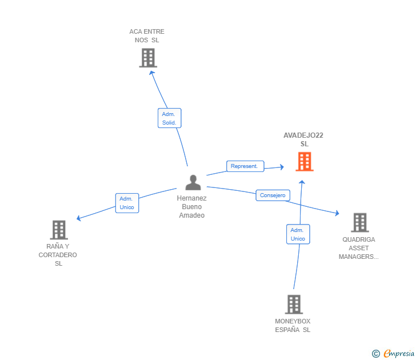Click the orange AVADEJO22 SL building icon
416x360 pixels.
[x=305, y=162]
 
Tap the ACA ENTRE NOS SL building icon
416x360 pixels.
[x=148, y=58]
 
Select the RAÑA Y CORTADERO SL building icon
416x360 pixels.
[x=59, y=230]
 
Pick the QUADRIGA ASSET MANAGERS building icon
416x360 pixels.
[x=359, y=222]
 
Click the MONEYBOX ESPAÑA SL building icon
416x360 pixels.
[x=294, y=304]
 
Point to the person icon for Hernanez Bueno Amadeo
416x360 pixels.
[x=193, y=182]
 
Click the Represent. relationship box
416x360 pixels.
[x=245, y=166]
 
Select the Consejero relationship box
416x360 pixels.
[x=273, y=195]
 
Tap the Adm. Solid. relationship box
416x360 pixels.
[x=170, y=118]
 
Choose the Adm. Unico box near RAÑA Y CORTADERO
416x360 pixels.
[x=127, y=203]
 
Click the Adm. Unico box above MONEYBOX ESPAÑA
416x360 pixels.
[x=298, y=234]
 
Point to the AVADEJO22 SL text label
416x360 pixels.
[x=304, y=139]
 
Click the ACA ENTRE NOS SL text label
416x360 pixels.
[x=147, y=36]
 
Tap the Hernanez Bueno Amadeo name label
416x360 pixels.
[x=192, y=207]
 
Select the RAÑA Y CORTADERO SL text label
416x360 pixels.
[x=58, y=255]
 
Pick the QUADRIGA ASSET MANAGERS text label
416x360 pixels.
[x=359, y=248]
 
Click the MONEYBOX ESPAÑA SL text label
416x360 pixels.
[x=293, y=325]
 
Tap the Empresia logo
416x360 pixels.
[x=399, y=353]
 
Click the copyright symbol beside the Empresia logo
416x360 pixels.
[x=375, y=354]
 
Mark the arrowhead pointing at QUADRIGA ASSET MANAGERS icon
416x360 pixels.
[x=337, y=214]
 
